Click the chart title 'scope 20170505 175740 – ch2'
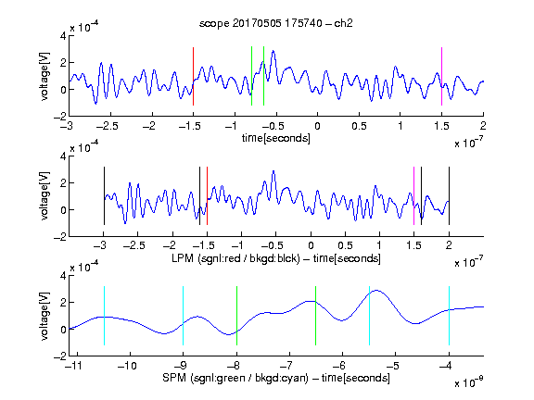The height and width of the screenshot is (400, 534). click(x=276, y=23)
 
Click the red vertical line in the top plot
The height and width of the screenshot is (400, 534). click(x=193, y=76)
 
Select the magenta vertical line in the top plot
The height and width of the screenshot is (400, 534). click(x=441, y=76)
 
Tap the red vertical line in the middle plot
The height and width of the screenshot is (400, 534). click(x=207, y=196)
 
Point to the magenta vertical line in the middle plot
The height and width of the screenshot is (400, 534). click(x=413, y=196)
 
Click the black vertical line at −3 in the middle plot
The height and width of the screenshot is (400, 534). click(x=104, y=196)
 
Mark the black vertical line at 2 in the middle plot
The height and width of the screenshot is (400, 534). click(x=449, y=196)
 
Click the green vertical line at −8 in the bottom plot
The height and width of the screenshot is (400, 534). click(x=236, y=316)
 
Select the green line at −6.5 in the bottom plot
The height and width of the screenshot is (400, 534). click(x=316, y=316)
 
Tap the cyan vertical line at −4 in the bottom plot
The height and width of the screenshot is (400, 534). click(x=449, y=316)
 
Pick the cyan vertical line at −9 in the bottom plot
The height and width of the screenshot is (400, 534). click(x=184, y=316)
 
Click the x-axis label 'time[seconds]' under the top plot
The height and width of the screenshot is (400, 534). click(x=276, y=138)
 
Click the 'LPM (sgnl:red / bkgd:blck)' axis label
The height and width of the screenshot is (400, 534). click(x=235, y=258)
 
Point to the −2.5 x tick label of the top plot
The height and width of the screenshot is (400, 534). click(x=108, y=126)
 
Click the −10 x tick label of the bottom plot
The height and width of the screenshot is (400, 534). click(x=127, y=366)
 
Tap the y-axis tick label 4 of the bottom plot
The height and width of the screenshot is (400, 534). click(x=63, y=276)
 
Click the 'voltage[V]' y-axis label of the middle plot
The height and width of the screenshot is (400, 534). click(x=44, y=196)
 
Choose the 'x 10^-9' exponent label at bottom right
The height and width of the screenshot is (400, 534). click(x=469, y=381)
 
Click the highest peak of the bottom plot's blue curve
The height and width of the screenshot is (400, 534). click(x=376, y=290)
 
